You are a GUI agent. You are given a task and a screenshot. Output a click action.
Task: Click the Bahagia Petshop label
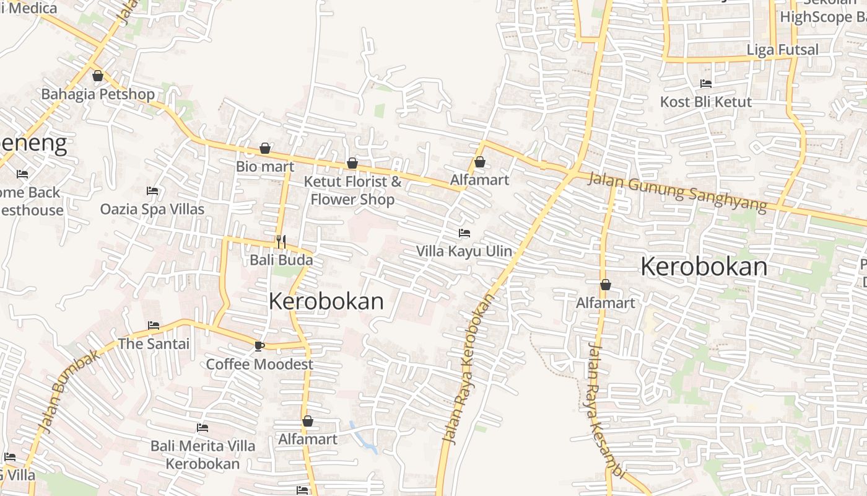(x=98, y=94)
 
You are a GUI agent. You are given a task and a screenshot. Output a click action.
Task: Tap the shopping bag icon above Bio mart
(x=265, y=149)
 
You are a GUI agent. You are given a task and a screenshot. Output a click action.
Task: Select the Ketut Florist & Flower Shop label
(x=352, y=190)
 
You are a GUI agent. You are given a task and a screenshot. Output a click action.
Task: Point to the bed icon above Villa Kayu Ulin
(x=464, y=234)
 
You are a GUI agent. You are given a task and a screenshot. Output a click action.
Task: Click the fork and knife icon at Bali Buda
(x=281, y=242)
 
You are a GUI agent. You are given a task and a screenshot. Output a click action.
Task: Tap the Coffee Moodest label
(x=259, y=364)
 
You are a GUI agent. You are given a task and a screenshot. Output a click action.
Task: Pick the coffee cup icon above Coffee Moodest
(x=259, y=346)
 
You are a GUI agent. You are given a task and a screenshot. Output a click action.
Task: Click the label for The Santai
(x=154, y=343)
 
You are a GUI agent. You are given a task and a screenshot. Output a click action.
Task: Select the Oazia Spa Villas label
(x=152, y=209)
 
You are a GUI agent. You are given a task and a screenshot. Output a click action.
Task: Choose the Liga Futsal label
(x=783, y=50)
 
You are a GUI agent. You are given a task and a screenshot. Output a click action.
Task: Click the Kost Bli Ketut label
(x=706, y=102)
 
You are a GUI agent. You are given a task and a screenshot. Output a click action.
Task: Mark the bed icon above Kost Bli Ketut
(x=706, y=84)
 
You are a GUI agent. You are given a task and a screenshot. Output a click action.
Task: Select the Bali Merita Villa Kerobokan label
(x=203, y=454)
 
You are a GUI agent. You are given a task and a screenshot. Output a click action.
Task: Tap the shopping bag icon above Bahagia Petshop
(x=98, y=76)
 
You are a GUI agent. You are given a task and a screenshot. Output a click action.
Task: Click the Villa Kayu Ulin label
(x=464, y=251)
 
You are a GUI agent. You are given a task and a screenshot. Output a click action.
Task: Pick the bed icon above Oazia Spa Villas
(x=152, y=191)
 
